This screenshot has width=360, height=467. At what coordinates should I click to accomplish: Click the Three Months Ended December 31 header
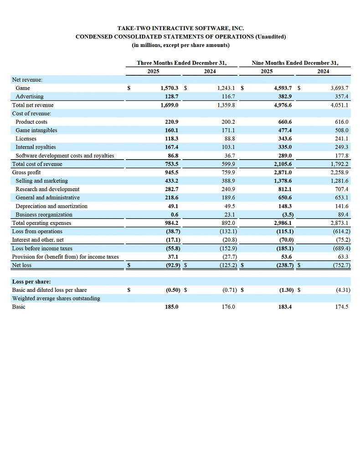pos(181,63)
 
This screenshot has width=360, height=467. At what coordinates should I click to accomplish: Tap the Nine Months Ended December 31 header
pos(295,63)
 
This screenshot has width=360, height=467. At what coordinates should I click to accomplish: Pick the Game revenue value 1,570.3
pos(169,88)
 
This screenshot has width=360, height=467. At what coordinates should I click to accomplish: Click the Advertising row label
pos(30,97)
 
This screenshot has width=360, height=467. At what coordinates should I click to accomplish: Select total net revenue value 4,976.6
pos(283,105)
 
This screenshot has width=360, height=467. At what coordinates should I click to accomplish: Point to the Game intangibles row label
pos(36,130)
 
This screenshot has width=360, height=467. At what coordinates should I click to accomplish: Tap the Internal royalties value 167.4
pos(172,147)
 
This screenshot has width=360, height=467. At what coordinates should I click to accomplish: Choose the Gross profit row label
pos(26,172)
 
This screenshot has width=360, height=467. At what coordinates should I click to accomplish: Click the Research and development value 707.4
pos(342,189)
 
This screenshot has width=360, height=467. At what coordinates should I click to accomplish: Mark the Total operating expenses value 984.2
pos(172,223)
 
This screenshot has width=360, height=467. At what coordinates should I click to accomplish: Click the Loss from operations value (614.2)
pos(342,231)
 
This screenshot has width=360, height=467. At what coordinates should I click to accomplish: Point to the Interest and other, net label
pos(38,240)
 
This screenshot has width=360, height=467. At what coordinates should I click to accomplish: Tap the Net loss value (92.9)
pos(173,265)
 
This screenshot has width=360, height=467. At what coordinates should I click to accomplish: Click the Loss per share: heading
pos(31,282)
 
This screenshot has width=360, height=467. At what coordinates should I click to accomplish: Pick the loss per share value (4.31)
pos(343,290)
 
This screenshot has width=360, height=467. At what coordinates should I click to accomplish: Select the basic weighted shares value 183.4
pos(285,307)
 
